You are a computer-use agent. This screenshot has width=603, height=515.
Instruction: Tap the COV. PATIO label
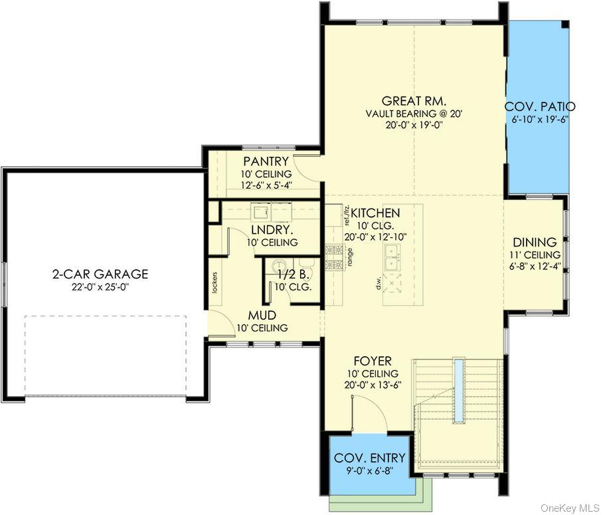[x=540, y=106]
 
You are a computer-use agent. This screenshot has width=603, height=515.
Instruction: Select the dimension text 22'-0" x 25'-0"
[x=100, y=287]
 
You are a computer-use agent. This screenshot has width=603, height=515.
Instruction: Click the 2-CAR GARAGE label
[x=100, y=274]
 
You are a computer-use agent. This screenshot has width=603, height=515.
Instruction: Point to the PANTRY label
[x=266, y=161]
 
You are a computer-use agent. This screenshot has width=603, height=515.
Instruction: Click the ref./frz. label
[x=346, y=217]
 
